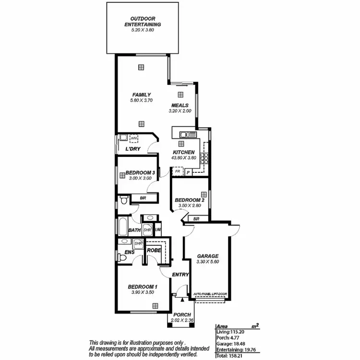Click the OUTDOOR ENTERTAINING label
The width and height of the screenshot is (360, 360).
pyautogui.click(x=143, y=22)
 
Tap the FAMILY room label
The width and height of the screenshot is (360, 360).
pyautogui.click(x=142, y=95)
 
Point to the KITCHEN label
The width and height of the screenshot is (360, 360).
pyautogui.click(x=183, y=152)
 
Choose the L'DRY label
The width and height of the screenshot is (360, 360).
pyautogui.click(x=132, y=149)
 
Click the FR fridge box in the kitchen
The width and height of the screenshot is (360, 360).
pyautogui.click(x=177, y=171)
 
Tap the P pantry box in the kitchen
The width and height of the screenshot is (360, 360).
pyautogui.click(x=188, y=172)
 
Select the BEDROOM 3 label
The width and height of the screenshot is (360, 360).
pyautogui.click(x=140, y=173)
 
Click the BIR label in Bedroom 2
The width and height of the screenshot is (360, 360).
pyautogui.click(x=196, y=219)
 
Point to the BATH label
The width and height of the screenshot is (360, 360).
pyautogui.click(x=134, y=230)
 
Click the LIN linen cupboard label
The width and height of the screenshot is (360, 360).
pyautogui.click(x=157, y=230)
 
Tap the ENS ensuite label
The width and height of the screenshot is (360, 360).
pyautogui.click(x=129, y=252)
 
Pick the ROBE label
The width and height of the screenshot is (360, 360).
pyautogui.click(x=154, y=251)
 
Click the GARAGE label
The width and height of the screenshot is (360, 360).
pyautogui.click(x=208, y=256)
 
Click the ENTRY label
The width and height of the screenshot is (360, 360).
pyautogui.click(x=180, y=275)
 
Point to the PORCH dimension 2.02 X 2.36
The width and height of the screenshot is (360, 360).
pyautogui.click(x=182, y=321)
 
